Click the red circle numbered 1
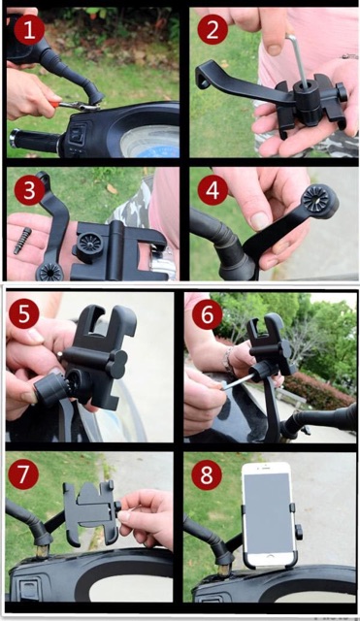click(x=29, y=30)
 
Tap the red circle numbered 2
click(x=213, y=30)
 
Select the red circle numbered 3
click(x=29, y=191)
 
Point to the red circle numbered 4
click(x=213, y=191)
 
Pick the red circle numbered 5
click(x=24, y=314)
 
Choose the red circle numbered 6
click(x=207, y=314)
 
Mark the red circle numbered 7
click(x=23, y=474)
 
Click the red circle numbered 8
click(x=207, y=474)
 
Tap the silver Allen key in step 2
click(x=299, y=59)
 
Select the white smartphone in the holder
click(x=269, y=514)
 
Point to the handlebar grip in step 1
click(x=35, y=141)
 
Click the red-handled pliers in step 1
click(x=75, y=106)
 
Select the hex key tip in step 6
click(x=224, y=388)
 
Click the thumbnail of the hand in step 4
click(x=261, y=220)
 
